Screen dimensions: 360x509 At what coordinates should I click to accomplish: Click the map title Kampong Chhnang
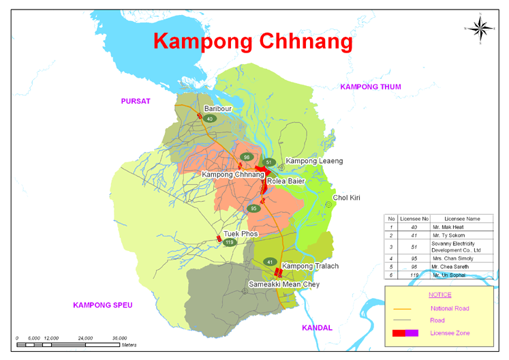[253, 41]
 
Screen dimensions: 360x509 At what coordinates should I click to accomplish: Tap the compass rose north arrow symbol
[480, 28]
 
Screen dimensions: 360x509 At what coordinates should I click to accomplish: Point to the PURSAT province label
[135, 101]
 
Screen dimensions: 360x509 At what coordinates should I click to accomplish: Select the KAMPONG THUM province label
[371, 87]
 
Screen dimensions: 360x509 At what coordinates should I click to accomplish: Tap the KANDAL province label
[317, 328]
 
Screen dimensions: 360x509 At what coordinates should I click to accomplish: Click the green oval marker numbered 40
[210, 119]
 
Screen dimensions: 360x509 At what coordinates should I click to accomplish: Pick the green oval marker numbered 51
[270, 162]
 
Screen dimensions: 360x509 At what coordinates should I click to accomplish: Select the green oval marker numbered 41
[270, 262]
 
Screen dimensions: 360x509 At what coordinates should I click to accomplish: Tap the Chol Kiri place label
[346, 198]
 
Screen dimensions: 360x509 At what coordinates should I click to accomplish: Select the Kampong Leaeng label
[314, 161]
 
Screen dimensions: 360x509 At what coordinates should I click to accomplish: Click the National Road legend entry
[450, 308]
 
